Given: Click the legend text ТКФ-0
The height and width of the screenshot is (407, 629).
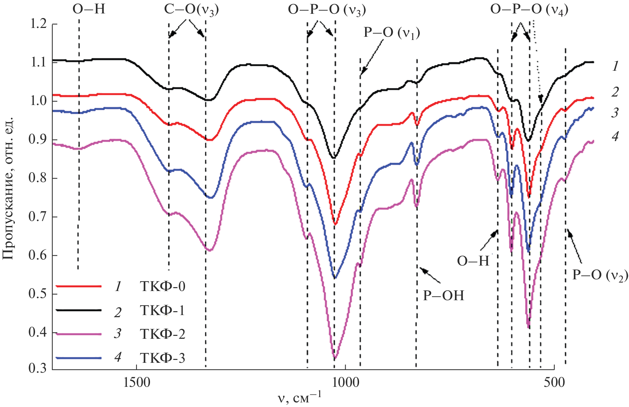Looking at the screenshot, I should (x=163, y=286).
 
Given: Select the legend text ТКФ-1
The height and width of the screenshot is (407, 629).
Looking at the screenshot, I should (x=163, y=310).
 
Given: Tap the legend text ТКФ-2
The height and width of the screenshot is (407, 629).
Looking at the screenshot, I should (x=163, y=334).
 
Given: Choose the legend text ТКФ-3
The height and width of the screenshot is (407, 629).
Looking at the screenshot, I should (x=163, y=358).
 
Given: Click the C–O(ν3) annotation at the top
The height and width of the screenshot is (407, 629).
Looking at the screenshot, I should (x=191, y=10).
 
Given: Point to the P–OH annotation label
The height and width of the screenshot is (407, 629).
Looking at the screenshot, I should (x=444, y=296).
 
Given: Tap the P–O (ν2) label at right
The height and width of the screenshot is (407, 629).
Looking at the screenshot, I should (x=600, y=275).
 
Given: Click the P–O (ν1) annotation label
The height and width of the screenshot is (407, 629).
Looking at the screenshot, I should (x=392, y=33).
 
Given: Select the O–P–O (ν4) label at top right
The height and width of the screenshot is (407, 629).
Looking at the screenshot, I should (x=529, y=10).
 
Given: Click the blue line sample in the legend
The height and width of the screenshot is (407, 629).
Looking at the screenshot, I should (x=79, y=358).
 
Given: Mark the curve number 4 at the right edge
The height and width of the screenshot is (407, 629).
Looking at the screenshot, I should (x=616, y=136).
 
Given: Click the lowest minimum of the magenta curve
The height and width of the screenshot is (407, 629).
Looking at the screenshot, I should (x=335, y=359).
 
